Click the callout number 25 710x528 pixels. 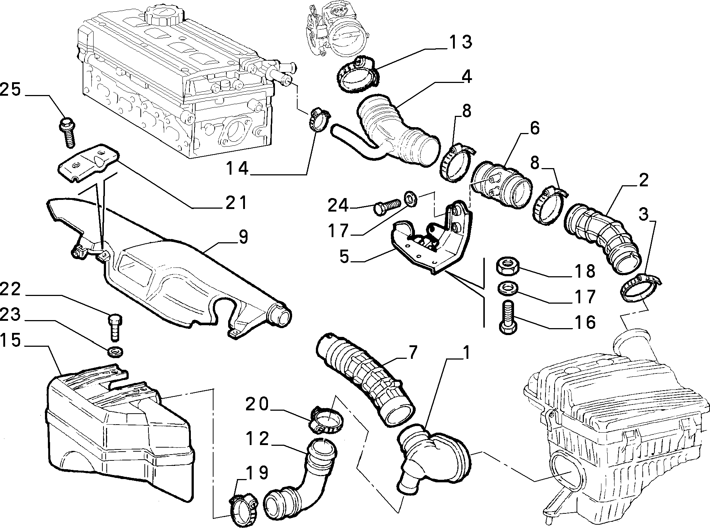click(x=10, y=90)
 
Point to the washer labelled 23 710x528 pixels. click(x=115, y=352)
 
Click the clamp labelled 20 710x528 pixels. click(x=326, y=419)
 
